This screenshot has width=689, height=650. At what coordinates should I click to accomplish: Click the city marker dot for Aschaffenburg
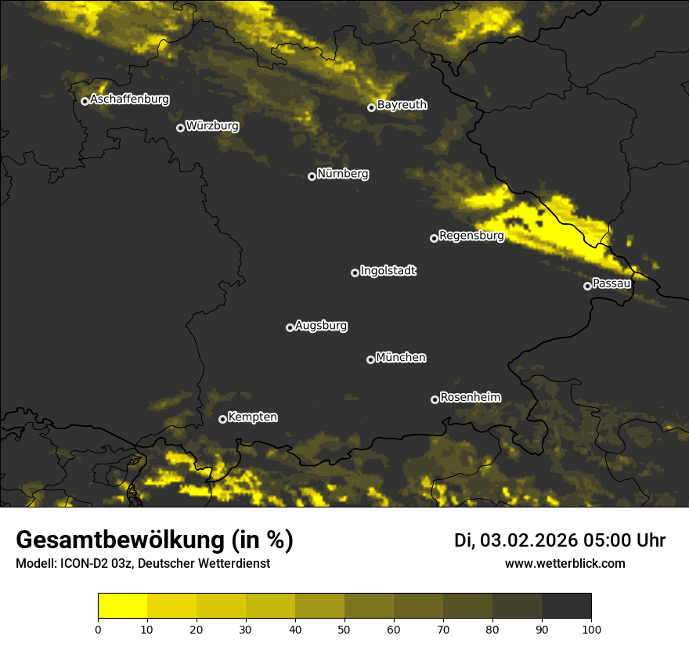tap(85, 101)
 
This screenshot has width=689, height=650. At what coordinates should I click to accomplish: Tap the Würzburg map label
tap(212, 126)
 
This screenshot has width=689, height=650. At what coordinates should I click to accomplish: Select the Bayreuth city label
tap(402, 105)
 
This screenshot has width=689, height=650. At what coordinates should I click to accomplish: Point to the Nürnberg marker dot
tap(312, 176)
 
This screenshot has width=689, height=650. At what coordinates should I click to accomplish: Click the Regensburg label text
tap(471, 236)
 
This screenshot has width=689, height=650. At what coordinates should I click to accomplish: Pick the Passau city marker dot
tap(587, 286)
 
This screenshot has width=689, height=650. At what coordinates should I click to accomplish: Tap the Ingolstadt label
tap(388, 271)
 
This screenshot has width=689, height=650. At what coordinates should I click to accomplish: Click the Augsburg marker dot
tap(290, 327)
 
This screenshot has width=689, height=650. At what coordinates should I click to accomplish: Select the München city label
tap(401, 358)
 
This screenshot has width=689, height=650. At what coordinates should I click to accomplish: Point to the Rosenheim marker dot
tap(435, 400)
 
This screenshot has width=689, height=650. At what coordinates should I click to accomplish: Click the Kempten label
tap(252, 417)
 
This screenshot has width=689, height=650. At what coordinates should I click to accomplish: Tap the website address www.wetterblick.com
tap(565, 564)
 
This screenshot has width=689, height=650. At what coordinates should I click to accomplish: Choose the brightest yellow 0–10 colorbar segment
tap(122, 606)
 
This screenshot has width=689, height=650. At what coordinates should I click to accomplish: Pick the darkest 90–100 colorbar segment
tap(566, 606)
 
